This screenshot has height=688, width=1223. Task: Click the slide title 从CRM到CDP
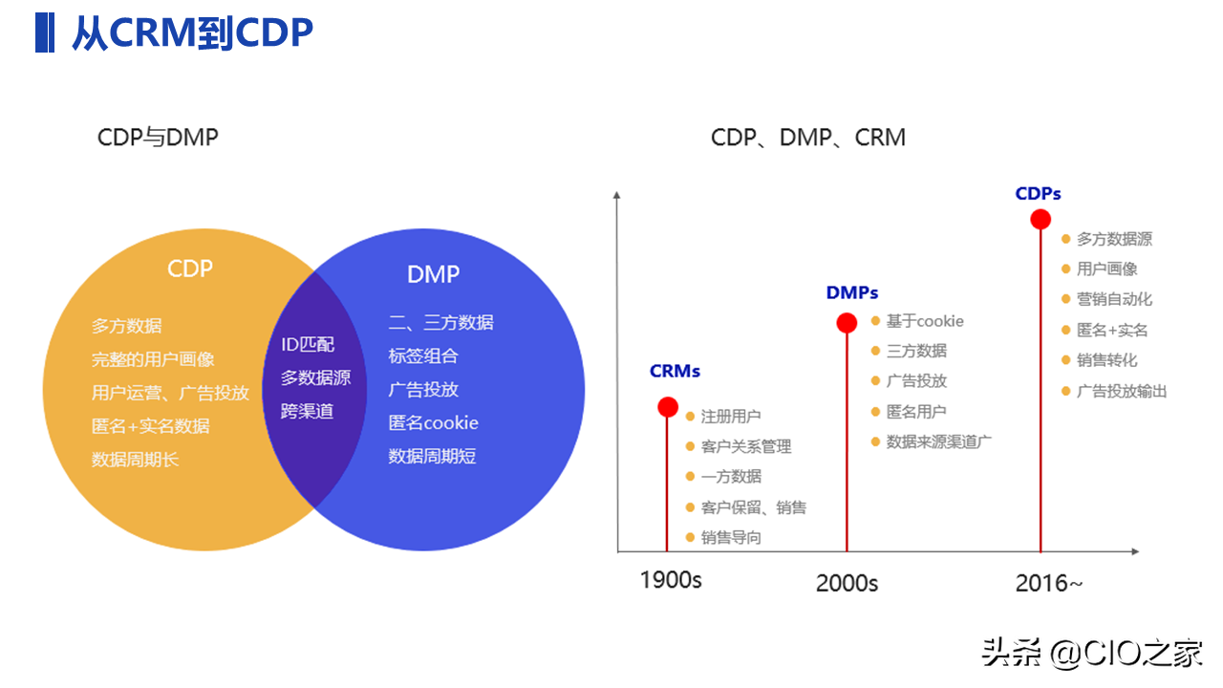(192, 33)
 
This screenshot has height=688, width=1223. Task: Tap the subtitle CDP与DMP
(158, 138)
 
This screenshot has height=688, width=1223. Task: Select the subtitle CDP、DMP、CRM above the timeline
(807, 138)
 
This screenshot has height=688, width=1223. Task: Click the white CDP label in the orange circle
(189, 269)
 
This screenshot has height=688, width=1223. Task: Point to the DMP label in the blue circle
(433, 274)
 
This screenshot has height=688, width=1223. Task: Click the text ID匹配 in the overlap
(308, 345)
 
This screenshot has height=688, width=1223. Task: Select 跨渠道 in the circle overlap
(307, 412)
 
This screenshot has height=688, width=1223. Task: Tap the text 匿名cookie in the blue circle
(433, 422)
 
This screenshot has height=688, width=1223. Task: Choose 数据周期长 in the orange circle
(135, 460)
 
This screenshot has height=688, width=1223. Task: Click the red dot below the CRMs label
(668, 407)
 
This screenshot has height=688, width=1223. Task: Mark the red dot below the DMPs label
(847, 323)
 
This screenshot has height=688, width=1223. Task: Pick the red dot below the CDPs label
(1041, 220)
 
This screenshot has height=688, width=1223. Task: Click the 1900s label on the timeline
(670, 580)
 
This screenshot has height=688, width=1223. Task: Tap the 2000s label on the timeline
(847, 583)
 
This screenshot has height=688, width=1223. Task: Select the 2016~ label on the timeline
(1048, 583)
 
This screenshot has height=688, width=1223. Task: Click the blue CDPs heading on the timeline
(1038, 194)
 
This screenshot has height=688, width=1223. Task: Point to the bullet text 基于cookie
(924, 321)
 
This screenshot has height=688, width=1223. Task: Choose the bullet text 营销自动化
(1114, 299)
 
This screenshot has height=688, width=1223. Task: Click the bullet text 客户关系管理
(745, 446)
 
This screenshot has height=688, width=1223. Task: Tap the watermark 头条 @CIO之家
(1092, 654)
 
